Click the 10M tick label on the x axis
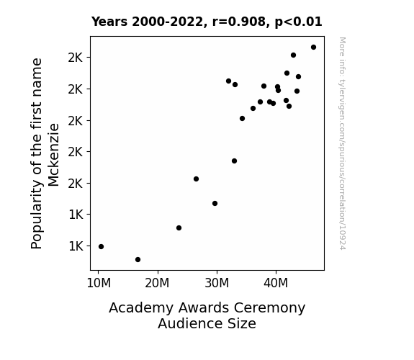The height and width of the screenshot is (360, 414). pos(99,283)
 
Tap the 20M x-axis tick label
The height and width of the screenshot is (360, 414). pos(157,283)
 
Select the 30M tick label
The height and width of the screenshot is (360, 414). pos(217,283)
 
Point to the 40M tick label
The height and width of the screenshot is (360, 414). pos(276,283)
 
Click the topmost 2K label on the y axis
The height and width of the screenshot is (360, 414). pos(76,58)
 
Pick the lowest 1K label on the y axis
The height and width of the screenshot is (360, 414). pos(76,246)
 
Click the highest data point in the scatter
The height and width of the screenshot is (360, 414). pos(313,48)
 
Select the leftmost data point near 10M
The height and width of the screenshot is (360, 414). pos(101,247)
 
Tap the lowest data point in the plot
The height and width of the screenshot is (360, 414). pos(138,260)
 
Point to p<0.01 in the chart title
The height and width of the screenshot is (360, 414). pos(298,22)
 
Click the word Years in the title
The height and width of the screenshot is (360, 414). pos(109,22)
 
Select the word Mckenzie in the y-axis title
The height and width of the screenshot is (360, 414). pos(53,155)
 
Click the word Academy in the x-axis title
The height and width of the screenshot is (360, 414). pos(143,308)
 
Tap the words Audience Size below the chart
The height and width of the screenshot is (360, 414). pos(207,323)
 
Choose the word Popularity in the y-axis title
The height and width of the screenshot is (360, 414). pos(37,215)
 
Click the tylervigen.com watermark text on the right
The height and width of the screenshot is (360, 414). pos(342,110)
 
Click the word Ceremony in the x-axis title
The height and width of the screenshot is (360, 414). pos(269,308)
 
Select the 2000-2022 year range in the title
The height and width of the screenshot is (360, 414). pos(167,22)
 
